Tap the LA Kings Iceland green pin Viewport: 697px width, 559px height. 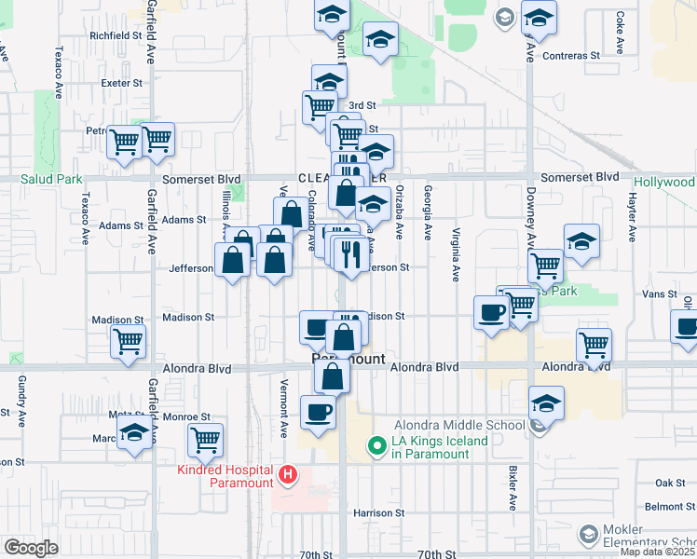(377, 447)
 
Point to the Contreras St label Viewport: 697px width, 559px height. (572, 56)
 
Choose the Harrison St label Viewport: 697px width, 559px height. (378, 512)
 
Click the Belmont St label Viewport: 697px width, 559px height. (668, 506)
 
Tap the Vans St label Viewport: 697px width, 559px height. (660, 293)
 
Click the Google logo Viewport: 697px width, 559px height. (30, 547)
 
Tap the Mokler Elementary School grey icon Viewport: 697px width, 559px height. (588, 534)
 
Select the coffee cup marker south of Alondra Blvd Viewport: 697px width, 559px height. (318, 411)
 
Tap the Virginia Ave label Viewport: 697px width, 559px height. (457, 255)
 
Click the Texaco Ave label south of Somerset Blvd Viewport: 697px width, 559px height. (85, 218)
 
